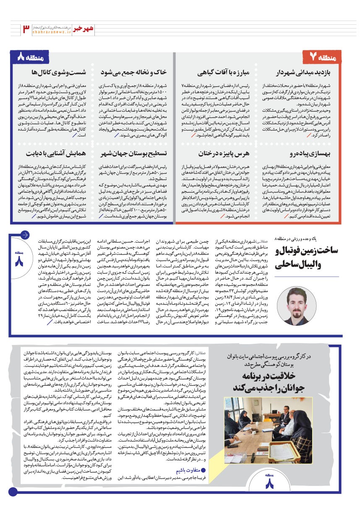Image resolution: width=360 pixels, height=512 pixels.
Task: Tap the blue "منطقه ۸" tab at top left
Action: point(30,56)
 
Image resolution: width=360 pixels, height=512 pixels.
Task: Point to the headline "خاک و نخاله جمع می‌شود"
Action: point(135,72)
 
